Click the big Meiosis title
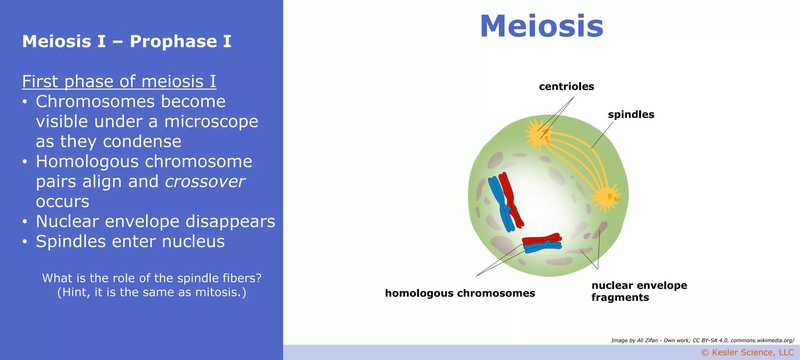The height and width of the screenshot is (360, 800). click(541, 27)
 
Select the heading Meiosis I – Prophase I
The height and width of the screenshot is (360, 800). click(127, 41)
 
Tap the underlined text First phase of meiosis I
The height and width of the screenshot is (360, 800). click(119, 82)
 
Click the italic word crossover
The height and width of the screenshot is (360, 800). click(205, 182)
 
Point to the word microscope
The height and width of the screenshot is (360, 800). click(211, 121)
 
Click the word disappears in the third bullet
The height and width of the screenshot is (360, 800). click(230, 221)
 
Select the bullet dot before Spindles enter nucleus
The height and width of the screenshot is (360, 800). click(25, 242)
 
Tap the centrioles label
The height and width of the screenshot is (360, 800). click(566, 87)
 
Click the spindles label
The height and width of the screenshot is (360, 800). click(630, 115)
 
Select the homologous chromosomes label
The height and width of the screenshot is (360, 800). click(460, 293)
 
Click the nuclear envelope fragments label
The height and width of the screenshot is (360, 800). click(639, 291)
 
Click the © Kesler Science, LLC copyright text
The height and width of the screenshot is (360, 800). click(747, 353)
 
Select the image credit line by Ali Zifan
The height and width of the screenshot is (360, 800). click(702, 340)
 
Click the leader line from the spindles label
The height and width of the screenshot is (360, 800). click(602, 135)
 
